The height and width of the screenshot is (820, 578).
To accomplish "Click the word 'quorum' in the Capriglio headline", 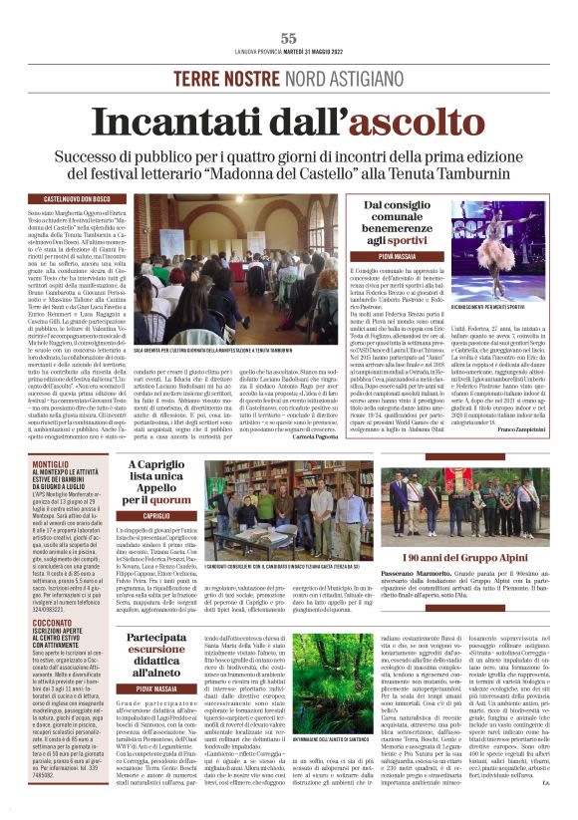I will tap(181, 500).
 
